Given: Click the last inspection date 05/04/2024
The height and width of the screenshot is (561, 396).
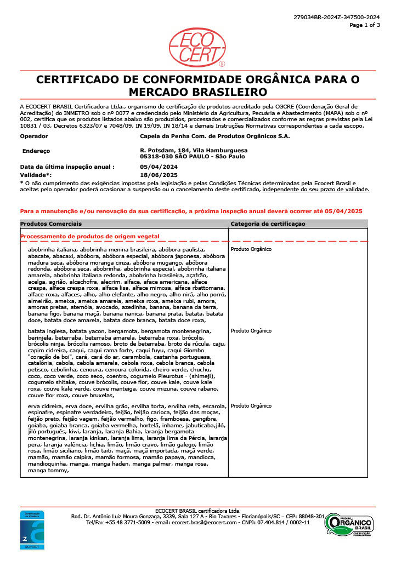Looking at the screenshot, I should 159,167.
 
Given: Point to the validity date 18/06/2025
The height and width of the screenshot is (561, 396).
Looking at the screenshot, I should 159,174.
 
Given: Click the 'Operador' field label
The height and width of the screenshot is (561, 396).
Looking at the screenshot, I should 33,136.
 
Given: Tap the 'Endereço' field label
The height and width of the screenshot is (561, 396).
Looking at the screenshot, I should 36,150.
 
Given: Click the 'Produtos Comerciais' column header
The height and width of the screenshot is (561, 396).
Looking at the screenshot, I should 51,224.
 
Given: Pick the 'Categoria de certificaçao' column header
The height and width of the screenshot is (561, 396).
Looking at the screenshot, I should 268,224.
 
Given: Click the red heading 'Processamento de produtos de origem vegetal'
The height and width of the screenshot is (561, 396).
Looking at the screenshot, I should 89,236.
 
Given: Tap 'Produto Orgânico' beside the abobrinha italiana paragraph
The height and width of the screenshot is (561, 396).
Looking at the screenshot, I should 251,249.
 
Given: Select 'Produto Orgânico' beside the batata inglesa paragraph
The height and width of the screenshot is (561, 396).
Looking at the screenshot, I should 251,331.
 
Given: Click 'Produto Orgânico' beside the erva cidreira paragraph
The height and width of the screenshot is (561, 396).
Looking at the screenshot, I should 251,406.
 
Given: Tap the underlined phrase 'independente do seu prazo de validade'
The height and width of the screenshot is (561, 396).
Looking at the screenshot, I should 316,189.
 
